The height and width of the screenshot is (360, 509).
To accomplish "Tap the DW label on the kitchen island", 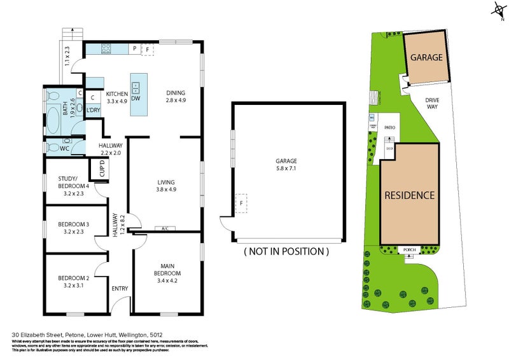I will [x=136, y=99].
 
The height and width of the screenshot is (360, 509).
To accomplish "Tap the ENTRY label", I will [x=120, y=289].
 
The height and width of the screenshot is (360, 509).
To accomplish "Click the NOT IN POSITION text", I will [x=286, y=251].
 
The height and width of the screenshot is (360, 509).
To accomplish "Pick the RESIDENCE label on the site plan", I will [x=409, y=195].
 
